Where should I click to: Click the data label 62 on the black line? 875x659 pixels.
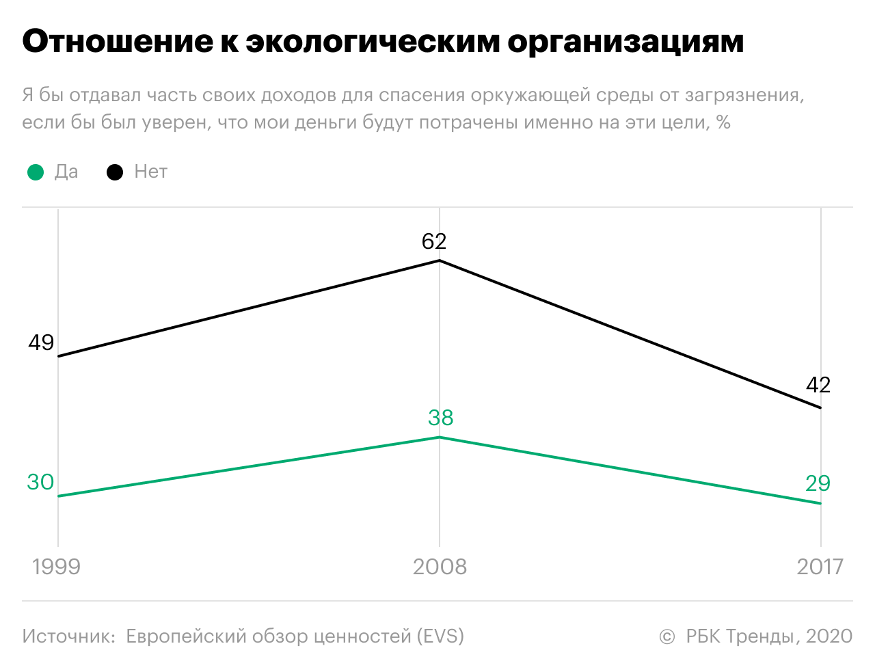(x=434, y=241)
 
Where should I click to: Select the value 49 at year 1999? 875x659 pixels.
(x=41, y=342)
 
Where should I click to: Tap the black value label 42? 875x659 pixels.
(x=818, y=385)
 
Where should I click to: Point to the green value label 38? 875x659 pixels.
(x=440, y=417)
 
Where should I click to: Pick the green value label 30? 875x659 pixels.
(x=40, y=482)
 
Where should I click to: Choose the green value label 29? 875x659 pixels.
(x=818, y=483)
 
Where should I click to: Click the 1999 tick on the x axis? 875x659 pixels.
(x=56, y=567)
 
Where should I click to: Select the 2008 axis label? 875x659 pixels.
(x=440, y=567)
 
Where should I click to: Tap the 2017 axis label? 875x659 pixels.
(x=820, y=567)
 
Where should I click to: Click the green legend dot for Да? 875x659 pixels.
(x=36, y=172)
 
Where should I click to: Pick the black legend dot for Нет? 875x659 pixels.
(x=115, y=172)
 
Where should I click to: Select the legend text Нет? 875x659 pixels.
(x=150, y=172)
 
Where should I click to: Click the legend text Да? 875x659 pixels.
(x=66, y=172)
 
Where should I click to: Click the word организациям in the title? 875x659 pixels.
(x=625, y=42)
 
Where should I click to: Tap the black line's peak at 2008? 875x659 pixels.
(x=440, y=260)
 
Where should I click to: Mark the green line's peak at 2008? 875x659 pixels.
(x=440, y=437)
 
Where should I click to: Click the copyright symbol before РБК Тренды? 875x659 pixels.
(x=667, y=637)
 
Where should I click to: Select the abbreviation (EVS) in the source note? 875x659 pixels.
(x=440, y=636)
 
